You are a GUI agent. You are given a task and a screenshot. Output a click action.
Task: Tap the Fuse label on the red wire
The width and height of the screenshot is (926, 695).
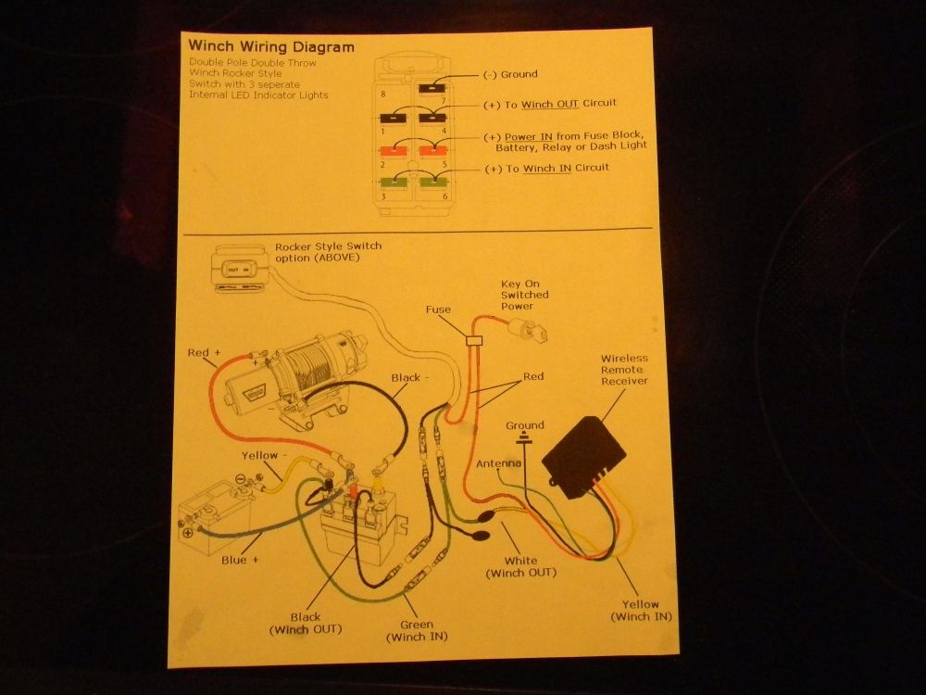tap(439, 310)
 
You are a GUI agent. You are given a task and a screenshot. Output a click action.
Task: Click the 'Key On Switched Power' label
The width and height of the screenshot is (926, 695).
tap(524, 295)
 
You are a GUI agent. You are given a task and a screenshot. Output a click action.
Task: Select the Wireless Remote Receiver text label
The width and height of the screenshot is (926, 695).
tap(624, 369)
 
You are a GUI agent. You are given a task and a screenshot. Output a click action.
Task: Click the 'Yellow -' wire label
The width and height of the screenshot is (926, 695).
tap(261, 456)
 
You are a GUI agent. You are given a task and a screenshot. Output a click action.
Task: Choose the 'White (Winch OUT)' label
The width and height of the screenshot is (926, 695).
tap(521, 566)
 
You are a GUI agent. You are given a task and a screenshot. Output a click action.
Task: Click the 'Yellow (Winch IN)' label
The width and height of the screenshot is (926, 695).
tap(641, 611)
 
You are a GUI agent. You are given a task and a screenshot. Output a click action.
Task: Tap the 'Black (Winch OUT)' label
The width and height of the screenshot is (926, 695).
tap(305, 623)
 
